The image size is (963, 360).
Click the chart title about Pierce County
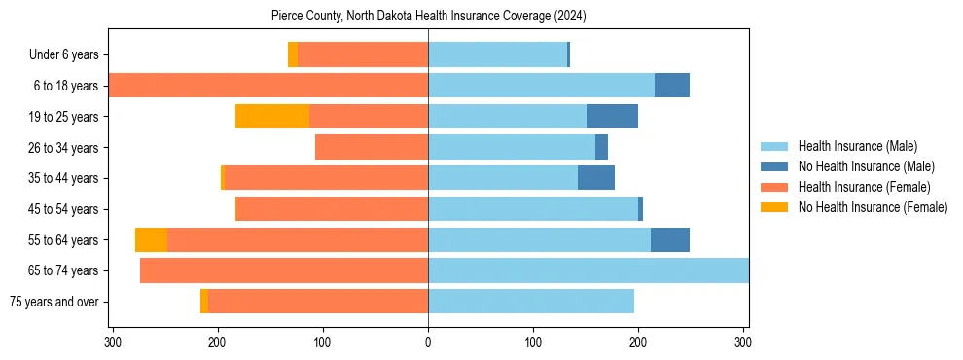[x=428, y=16]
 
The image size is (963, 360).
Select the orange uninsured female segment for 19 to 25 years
[x=272, y=116]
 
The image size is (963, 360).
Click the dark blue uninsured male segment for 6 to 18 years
[x=671, y=85]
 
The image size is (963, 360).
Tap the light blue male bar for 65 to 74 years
[x=588, y=270]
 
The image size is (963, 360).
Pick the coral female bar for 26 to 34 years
[x=372, y=147]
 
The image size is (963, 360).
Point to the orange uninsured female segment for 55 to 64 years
[x=151, y=239]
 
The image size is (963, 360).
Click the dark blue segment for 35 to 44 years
[x=595, y=178]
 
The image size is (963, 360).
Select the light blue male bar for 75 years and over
[x=531, y=302]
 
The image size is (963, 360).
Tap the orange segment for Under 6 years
[x=293, y=54]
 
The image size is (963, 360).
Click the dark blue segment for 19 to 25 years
[x=612, y=116]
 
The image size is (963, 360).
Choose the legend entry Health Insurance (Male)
[x=857, y=146]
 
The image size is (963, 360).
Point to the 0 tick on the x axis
[x=428, y=342]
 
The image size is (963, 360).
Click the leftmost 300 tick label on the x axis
[x=113, y=342]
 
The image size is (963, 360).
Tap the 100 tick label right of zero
[x=533, y=342]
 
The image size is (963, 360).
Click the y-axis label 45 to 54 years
[x=62, y=209]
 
